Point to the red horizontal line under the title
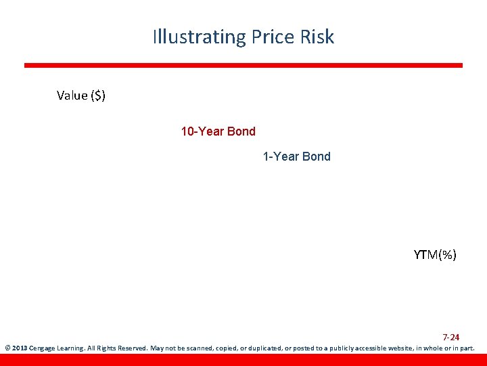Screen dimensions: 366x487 pos(243,66)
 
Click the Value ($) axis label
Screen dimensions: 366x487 pos(81,96)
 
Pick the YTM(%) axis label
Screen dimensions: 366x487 pos(435,255)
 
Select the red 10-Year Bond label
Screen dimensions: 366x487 pos(218,131)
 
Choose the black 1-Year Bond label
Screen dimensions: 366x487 pos(297,157)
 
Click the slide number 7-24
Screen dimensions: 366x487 pos(451,337)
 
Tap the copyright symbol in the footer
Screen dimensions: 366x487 pos(7,348)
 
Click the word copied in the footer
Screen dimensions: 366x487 pos(226,348)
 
